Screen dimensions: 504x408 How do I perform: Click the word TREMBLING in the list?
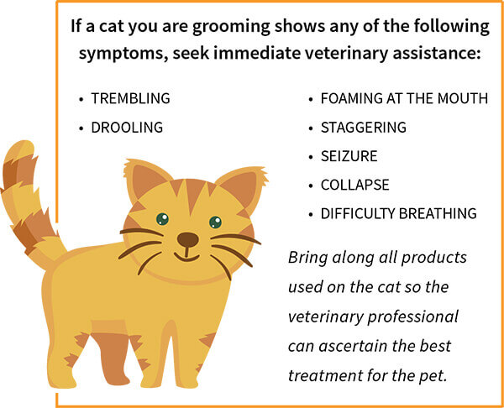130,98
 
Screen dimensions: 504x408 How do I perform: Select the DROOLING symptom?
127,128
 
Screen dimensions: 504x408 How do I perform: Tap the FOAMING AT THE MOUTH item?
404,98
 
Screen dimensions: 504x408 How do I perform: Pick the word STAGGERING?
364,128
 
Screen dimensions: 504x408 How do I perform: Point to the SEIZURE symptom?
349,156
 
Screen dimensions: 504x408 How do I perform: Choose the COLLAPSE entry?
354,185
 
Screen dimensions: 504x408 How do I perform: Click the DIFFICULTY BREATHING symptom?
398,213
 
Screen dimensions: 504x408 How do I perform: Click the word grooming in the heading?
231,27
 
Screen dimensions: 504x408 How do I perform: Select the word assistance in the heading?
436,53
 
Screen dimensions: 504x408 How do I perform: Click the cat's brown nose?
187,239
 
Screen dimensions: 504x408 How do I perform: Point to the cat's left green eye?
162,219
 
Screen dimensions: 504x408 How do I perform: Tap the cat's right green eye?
215,222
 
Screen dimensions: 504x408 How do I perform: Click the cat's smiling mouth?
186,257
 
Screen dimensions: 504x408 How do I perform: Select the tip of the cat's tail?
24,144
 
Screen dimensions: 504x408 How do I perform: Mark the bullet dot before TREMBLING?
81,99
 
